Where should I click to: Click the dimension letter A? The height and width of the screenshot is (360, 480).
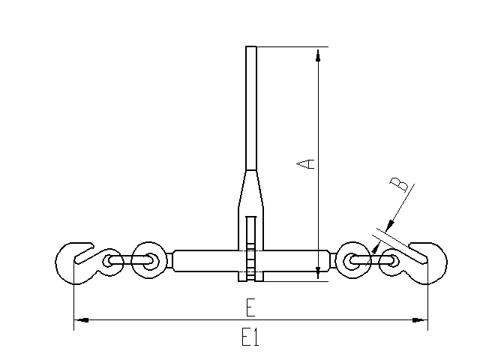coord(305,163)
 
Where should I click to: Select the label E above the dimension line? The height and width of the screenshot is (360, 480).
coord(250,307)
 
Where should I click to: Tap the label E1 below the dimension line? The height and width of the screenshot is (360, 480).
coord(250,337)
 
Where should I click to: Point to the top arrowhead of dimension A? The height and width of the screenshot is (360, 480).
coord(318,55)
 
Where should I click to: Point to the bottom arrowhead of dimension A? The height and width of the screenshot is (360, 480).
coord(318,272)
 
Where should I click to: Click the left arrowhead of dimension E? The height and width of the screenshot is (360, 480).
coord(81,320)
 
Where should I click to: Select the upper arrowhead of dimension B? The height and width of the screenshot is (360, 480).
coord(390,225)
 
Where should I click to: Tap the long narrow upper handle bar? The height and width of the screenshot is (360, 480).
coord(251,108)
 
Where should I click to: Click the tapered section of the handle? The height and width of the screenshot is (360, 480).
coord(251,188)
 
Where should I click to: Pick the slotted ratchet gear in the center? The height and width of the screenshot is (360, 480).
coord(251,248)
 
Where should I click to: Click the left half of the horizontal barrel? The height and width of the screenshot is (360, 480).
coord(205,261)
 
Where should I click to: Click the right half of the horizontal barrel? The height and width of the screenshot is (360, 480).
coord(297,261)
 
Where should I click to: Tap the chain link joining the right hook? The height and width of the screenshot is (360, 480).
coord(371,260)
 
